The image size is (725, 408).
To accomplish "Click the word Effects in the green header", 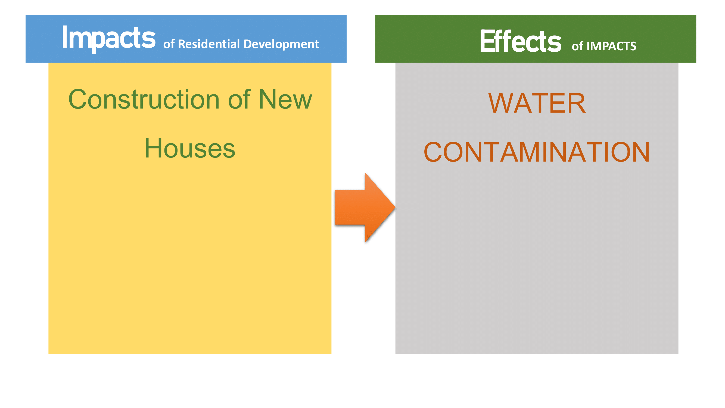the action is coord(520,41).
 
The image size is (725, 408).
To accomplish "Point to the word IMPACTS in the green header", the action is coord(611,46).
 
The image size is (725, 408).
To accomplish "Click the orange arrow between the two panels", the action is coord(365,208).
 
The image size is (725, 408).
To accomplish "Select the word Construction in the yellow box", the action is coord(144,99).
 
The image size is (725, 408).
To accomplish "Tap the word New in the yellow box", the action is coord(285,99).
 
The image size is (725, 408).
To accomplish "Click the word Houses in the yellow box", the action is coord(190,149).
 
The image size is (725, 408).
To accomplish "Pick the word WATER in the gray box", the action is coord(537,103).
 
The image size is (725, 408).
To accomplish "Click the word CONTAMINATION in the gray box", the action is coord(537,152).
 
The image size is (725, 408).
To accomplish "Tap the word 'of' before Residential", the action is coord(169,44).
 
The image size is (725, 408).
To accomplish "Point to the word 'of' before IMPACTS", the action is coord(577,46).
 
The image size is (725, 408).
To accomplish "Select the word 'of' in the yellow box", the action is coord(239,99).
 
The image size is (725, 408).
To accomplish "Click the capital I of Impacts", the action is coord(64,37).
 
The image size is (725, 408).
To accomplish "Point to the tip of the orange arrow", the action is coord(395,208).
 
